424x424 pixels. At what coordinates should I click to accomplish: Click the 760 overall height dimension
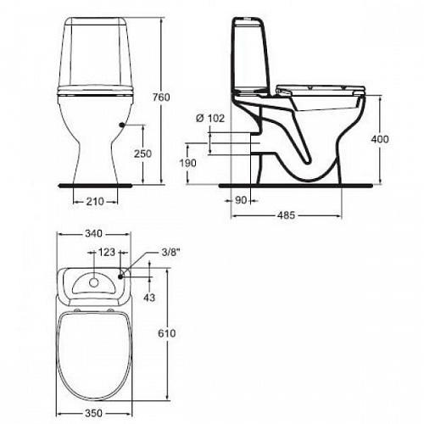coord(161,98)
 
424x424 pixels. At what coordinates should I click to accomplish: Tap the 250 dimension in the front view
coord(142,153)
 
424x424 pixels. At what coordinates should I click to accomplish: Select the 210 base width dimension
coord(95,202)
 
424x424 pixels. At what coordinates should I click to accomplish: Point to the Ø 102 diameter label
coord(210,118)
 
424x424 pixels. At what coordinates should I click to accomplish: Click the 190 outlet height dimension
coord(188,163)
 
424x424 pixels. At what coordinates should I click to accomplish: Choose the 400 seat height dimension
coord(380,139)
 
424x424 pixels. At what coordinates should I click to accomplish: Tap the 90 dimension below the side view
coord(241,200)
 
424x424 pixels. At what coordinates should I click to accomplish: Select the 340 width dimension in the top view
coord(94,234)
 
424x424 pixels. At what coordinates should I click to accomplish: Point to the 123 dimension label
coord(106,252)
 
